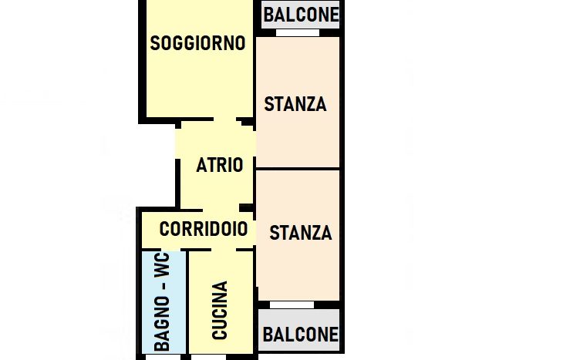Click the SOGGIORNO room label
click(x=198, y=43)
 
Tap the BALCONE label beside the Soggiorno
click(x=302, y=15)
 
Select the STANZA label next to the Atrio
click(x=295, y=104)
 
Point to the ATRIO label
click(x=220, y=165)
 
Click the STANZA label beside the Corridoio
click(x=301, y=233)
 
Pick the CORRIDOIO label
click(x=204, y=229)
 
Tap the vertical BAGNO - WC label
click(x=162, y=302)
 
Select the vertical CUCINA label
click(x=220, y=310)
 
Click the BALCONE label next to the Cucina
click(x=301, y=335)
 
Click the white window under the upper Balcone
click(x=298, y=33)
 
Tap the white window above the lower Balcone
click(x=292, y=304)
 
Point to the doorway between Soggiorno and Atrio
click(x=225, y=119)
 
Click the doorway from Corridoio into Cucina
click(x=224, y=250)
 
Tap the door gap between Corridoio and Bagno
click(x=171, y=250)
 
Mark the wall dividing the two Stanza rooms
click(x=298, y=169)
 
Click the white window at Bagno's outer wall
click(x=163, y=357)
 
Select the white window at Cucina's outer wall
click(x=208, y=357)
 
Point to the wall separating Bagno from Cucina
click(x=187, y=302)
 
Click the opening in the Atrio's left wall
click(x=177, y=143)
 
